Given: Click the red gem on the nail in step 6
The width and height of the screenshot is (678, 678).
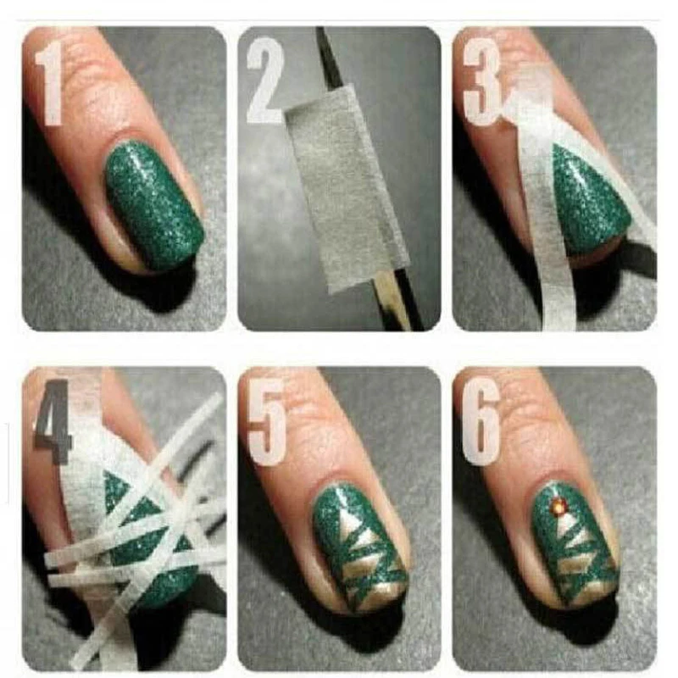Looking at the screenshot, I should click(x=559, y=507).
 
